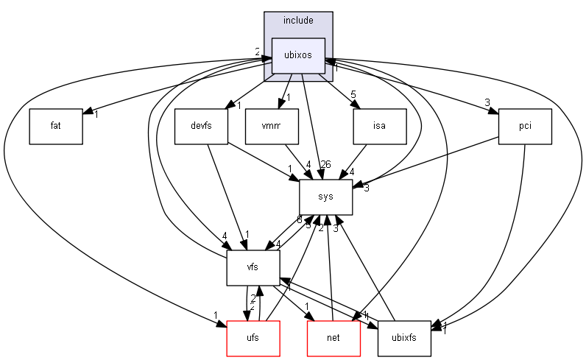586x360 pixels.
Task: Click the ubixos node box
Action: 298,56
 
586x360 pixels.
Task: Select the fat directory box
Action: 55,126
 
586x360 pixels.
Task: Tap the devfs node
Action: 201,126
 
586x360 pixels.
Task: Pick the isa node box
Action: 380,126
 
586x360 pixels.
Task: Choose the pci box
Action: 525,126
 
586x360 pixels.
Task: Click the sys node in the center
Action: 325,197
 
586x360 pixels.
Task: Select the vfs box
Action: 253,268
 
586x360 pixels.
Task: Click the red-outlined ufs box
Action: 253,339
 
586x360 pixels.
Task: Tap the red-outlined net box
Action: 333,339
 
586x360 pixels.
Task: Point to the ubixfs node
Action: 403,339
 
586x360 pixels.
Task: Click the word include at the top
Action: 298,20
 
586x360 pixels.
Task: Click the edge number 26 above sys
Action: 325,163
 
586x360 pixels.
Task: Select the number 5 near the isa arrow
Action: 353,94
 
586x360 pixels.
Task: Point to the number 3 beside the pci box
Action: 487,102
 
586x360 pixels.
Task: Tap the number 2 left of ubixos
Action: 258,52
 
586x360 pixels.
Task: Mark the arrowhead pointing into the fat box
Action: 87,112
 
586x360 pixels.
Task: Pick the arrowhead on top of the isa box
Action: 356,105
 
